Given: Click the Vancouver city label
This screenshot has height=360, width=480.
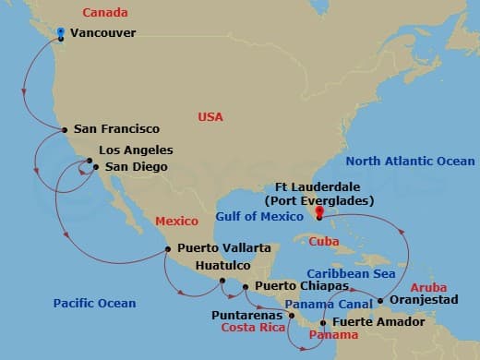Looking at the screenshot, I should [103, 33].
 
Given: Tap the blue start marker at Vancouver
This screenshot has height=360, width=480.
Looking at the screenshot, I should [61, 33].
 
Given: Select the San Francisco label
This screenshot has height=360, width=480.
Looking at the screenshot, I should [116, 129].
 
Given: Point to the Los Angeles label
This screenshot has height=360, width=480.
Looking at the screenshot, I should [136, 150].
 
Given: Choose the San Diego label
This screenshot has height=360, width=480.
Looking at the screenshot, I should [137, 167].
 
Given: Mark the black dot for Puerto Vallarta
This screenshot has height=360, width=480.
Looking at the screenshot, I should [167, 248].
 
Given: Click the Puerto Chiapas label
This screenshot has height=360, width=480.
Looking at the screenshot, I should [294, 286].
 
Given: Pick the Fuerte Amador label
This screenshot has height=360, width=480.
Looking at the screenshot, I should [378, 322].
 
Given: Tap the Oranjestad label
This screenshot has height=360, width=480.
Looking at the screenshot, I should [425, 300].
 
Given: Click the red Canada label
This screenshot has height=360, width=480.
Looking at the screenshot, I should [104, 12].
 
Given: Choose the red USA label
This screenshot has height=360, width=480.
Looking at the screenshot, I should [211, 116].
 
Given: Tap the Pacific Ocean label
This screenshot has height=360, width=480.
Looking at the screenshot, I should [94, 303].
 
